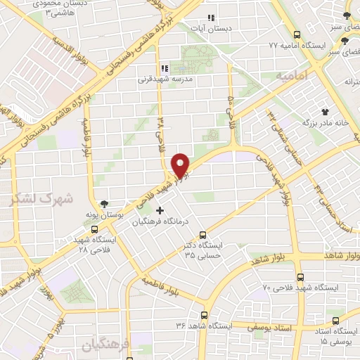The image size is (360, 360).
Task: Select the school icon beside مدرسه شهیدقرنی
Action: click(165, 68)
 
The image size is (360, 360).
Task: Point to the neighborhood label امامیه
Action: click(292, 75)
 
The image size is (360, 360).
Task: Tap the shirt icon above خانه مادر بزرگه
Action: click(325, 111)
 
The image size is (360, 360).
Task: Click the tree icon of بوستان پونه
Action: click(104, 203)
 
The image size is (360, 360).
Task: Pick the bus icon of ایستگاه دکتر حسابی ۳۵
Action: click(203, 235)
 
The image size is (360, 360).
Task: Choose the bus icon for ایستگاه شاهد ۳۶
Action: click(205, 315)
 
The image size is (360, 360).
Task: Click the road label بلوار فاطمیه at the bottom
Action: click(168, 287)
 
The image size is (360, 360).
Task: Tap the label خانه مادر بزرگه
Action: click(326, 123)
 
